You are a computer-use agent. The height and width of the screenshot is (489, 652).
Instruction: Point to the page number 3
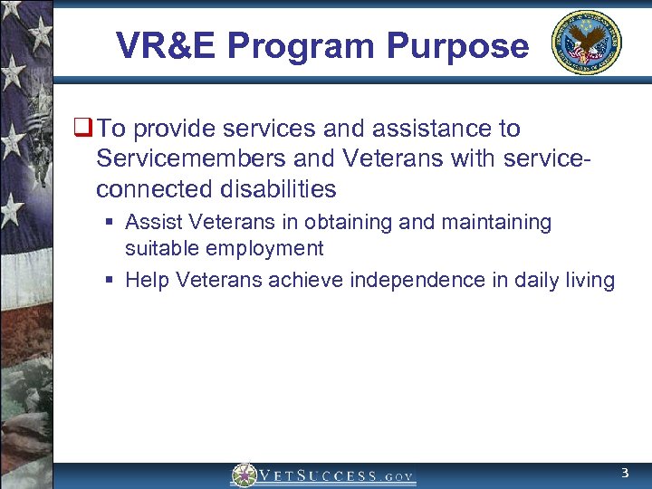[624, 474]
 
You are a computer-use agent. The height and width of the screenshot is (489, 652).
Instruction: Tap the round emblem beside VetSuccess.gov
[243, 475]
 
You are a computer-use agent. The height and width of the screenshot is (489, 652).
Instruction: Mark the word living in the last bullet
[590, 280]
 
